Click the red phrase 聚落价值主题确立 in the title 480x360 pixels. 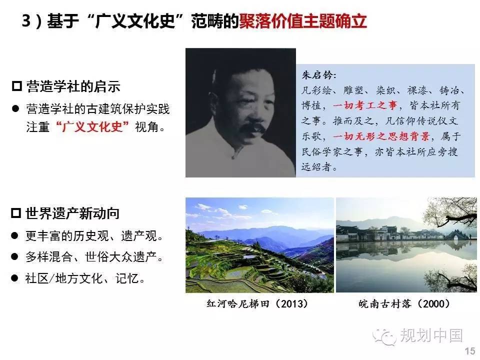tap(302, 21)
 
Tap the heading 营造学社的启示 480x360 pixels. tap(73, 86)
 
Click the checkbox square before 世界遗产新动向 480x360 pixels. tap(16, 213)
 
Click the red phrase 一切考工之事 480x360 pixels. tap(365, 105)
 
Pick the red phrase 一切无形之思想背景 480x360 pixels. tap(381, 136)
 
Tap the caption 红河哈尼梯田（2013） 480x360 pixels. tap(257, 303)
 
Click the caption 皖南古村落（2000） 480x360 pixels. tap(404, 303)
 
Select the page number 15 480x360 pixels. tap(470, 351)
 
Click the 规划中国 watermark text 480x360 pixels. tap(431, 335)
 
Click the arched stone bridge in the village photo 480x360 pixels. tap(454, 236)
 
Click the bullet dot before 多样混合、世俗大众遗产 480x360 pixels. tap(14, 256)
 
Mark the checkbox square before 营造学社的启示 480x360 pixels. tap(17, 86)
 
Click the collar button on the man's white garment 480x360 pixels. tap(233, 157)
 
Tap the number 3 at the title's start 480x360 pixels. tap(26, 21)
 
